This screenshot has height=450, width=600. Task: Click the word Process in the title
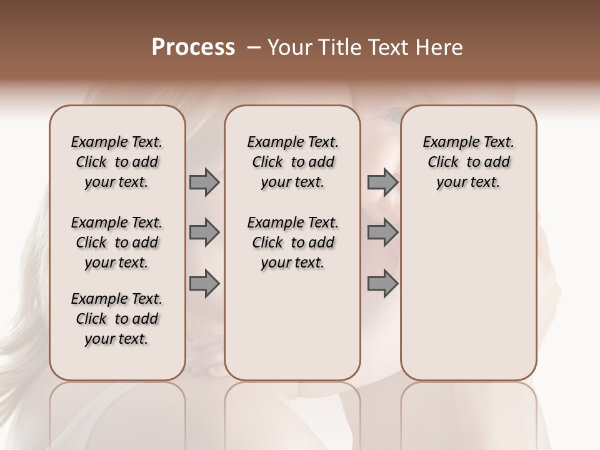[x=193, y=47]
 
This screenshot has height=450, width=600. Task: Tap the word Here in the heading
[x=440, y=47]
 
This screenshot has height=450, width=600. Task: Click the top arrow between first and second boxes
[x=204, y=182]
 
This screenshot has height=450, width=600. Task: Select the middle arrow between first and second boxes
[x=204, y=232]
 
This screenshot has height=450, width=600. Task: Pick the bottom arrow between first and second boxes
[x=204, y=283]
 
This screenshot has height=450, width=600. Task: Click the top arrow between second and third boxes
[x=382, y=182]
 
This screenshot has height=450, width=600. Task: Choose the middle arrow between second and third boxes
[x=382, y=232]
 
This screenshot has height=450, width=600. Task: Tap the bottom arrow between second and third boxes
[x=382, y=283]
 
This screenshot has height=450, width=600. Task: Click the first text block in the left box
[x=117, y=162]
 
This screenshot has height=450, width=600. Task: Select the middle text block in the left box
[x=117, y=242]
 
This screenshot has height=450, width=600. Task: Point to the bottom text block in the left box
[x=117, y=319]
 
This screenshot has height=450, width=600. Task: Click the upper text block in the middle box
[x=292, y=162]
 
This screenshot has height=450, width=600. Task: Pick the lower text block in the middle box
[x=292, y=242]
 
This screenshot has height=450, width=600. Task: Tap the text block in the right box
[x=469, y=162]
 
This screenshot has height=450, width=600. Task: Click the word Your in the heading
[x=289, y=47]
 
